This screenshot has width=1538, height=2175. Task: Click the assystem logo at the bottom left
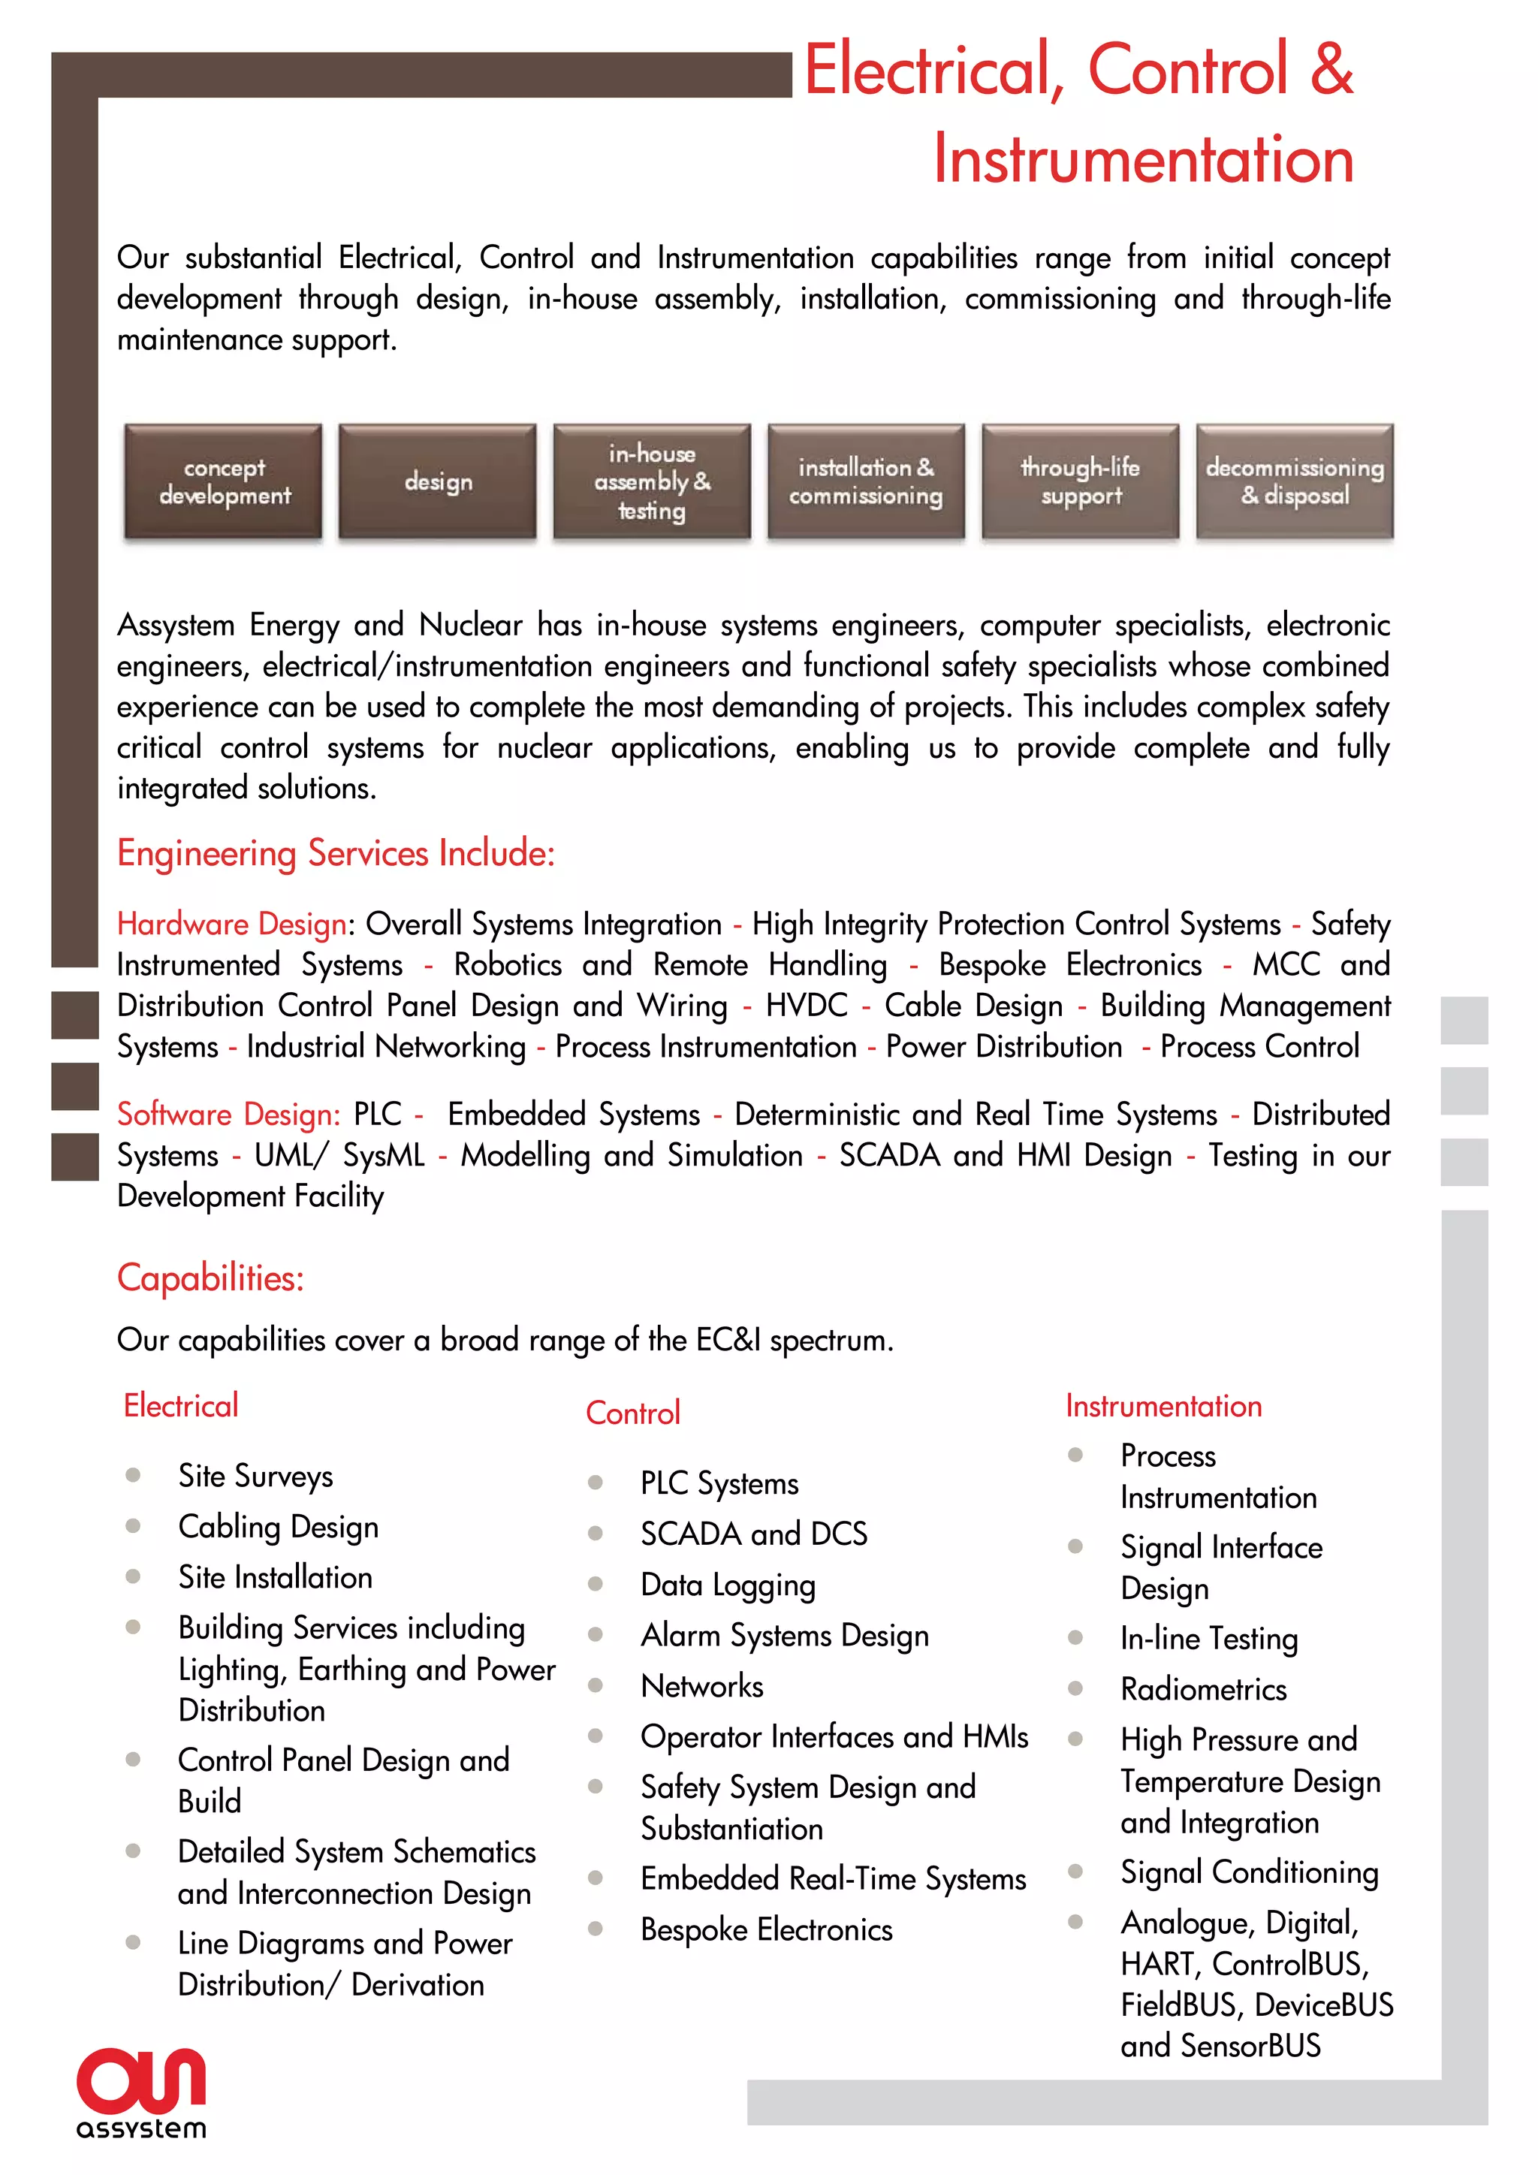pyautogui.click(x=141, y=2092)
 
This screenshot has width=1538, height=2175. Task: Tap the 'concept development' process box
pyautogui.click(x=224, y=481)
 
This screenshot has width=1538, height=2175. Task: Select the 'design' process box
pyautogui.click(x=438, y=481)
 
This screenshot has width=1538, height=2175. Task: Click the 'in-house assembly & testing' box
pyautogui.click(x=652, y=481)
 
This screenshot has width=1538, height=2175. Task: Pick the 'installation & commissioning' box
pyautogui.click(x=866, y=481)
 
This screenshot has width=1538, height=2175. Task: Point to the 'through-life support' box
pyautogui.click(x=1081, y=481)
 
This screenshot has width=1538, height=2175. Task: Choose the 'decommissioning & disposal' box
pyautogui.click(x=1295, y=481)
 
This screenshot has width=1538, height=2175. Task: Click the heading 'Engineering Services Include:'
pyautogui.click(x=335, y=853)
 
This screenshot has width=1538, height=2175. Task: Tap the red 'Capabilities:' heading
pyautogui.click(x=210, y=1278)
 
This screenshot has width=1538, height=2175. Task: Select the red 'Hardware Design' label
pyautogui.click(x=231, y=924)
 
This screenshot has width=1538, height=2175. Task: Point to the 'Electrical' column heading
pyautogui.click(x=181, y=1406)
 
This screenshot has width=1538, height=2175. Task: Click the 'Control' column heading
pyautogui.click(x=632, y=1413)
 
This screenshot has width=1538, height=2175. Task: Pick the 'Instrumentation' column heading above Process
pyautogui.click(x=1163, y=1406)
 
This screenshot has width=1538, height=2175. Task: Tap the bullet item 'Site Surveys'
pyautogui.click(x=255, y=1476)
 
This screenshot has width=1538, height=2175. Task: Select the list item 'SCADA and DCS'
pyautogui.click(x=754, y=1534)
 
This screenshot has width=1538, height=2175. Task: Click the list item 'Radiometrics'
pyautogui.click(x=1203, y=1689)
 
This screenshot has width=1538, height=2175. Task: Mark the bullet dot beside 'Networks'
pyautogui.click(x=596, y=1685)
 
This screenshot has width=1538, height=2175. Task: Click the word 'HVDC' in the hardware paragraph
pyautogui.click(x=806, y=1006)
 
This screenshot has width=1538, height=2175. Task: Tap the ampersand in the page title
pyautogui.click(x=1331, y=68)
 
